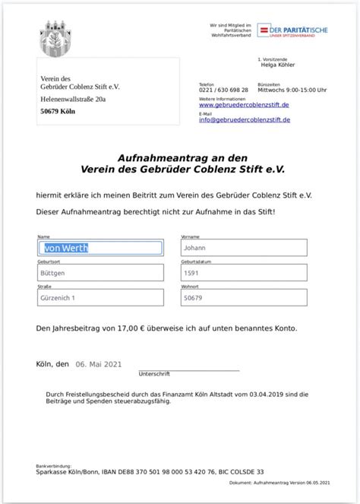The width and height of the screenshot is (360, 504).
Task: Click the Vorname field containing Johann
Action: [244, 248]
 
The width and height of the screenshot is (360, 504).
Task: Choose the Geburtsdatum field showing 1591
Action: [244, 272]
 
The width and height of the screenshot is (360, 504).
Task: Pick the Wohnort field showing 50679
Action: [244, 299]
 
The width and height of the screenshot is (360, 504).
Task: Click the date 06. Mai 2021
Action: [98, 363]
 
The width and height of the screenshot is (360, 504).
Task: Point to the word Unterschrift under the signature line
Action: [154, 373]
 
